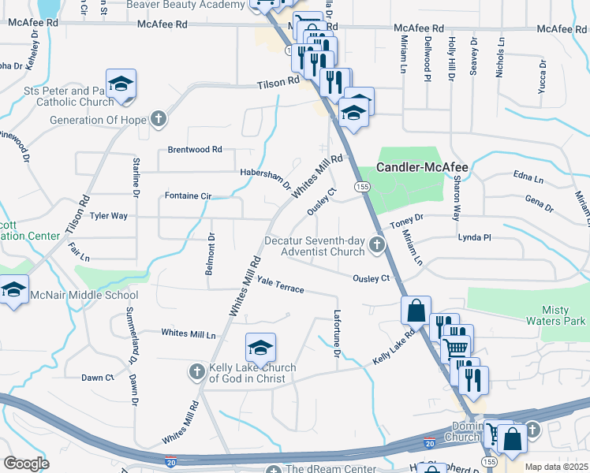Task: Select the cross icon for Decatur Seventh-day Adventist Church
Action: [377, 246]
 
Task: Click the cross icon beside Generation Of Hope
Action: [158, 120]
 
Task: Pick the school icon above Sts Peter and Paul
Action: [121, 84]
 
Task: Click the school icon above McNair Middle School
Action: [13, 289]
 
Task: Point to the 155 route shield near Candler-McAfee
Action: [361, 186]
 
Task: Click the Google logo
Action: [26, 463]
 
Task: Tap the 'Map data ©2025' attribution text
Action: [556, 467]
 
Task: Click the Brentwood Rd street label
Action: [195, 149]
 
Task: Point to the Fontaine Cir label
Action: [188, 196]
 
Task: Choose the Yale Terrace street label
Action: [281, 289]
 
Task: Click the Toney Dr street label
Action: [408, 216]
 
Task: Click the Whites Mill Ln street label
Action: [189, 333]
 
